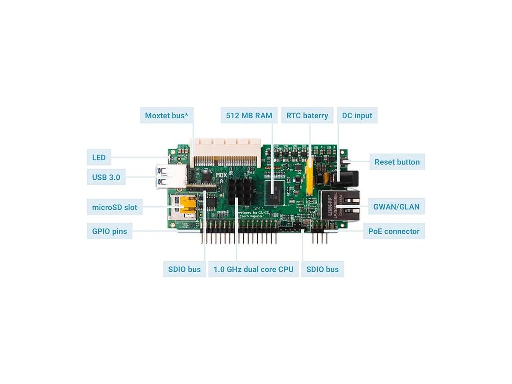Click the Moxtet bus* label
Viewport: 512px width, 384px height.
point(167,116)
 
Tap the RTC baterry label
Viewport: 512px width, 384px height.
point(307,116)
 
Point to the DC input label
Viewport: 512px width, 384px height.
point(357,116)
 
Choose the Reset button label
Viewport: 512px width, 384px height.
point(397,162)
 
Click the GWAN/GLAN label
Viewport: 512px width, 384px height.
point(396,206)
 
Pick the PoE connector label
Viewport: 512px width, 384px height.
point(394,231)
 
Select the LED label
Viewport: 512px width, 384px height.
point(99,157)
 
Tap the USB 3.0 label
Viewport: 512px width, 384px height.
point(106,177)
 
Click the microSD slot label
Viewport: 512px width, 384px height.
point(114,207)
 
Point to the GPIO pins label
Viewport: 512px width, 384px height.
point(109,231)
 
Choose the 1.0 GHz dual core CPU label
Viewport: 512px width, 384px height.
point(253,269)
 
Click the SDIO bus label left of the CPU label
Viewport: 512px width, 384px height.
point(184,269)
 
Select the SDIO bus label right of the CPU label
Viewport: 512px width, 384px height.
point(322,269)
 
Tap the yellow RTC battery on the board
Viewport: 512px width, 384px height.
point(310,176)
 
